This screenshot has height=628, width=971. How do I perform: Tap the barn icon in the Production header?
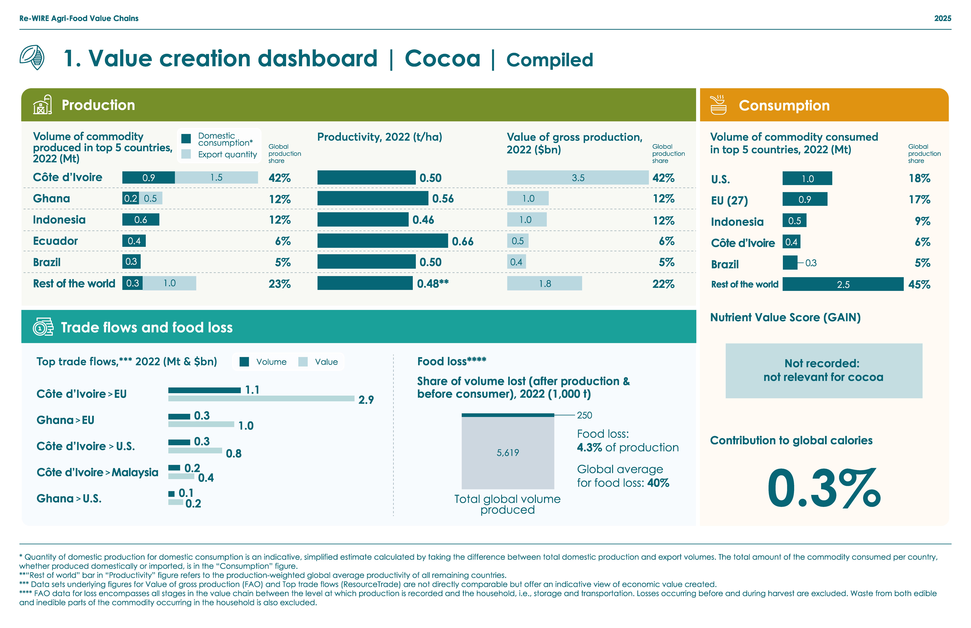(42, 105)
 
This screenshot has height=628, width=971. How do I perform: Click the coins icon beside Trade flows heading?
(43, 327)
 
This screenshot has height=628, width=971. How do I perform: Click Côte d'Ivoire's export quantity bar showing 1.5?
(216, 177)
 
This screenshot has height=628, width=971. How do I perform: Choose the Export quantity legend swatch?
(186, 154)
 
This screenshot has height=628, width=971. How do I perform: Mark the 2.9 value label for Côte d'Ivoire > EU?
(366, 400)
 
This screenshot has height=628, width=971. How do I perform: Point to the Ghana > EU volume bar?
(179, 416)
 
